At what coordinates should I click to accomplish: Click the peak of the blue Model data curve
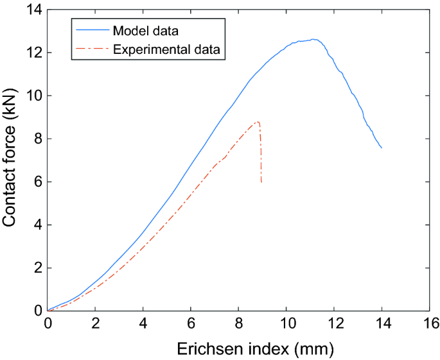(x=313, y=39)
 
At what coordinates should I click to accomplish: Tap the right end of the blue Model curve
(x=382, y=148)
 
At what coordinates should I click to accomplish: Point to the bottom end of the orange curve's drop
(x=261, y=183)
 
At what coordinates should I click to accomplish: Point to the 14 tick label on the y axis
(x=33, y=9)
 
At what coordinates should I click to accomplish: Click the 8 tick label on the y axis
(x=37, y=139)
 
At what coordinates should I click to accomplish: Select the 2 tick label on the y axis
(x=37, y=268)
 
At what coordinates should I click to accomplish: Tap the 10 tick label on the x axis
(x=286, y=323)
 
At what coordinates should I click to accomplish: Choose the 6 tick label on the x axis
(x=191, y=323)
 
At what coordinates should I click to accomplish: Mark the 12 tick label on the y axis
(x=33, y=52)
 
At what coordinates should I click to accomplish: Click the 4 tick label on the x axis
(x=143, y=323)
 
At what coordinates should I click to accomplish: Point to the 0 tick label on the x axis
(x=48, y=323)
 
